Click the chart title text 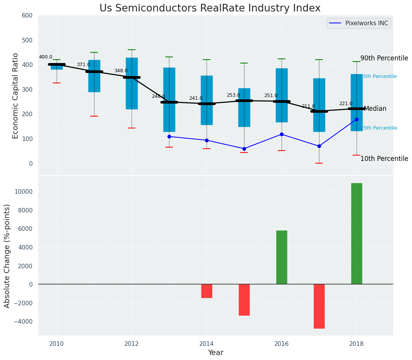pyautogui.click(x=210, y=8)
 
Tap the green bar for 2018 pyautogui.click(x=357, y=234)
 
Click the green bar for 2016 pyautogui.click(x=282, y=257)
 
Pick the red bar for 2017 pyautogui.click(x=319, y=306)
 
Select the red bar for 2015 pyautogui.click(x=244, y=300)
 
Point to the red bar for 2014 pyautogui.click(x=207, y=291)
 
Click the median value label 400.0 pyautogui.click(x=46, y=57)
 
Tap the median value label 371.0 pyautogui.click(x=83, y=65)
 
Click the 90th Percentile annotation pyautogui.click(x=384, y=58)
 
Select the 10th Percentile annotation pyautogui.click(x=384, y=159)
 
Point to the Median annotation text pyautogui.click(x=375, y=109)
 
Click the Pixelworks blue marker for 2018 pyautogui.click(x=357, y=119)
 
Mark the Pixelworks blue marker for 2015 pyautogui.click(x=244, y=149)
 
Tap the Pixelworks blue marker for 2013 pyautogui.click(x=169, y=136)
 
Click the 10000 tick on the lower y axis pyautogui.click(x=23, y=191)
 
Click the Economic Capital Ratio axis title pyautogui.click(x=16, y=96)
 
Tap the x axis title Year pyautogui.click(x=215, y=353)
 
